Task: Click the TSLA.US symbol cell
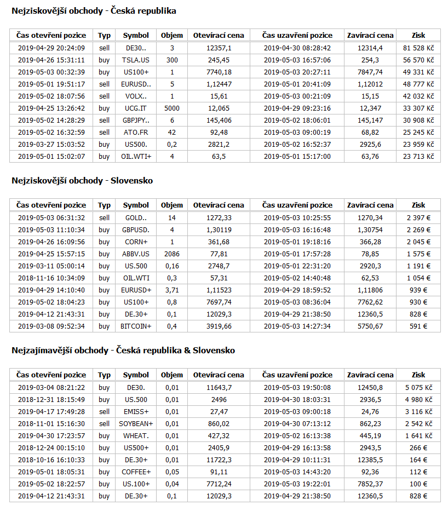pyautogui.click(x=136, y=60)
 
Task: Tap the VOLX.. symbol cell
pyautogui.click(x=136, y=96)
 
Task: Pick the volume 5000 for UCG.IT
pyautogui.click(x=172, y=108)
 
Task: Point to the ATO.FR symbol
pyautogui.click(x=136, y=133)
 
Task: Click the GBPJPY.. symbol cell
pyautogui.click(x=136, y=120)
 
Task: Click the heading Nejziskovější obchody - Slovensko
pyautogui.click(x=82, y=181)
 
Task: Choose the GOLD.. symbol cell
pyautogui.click(x=136, y=217)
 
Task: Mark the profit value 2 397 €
pyautogui.click(x=418, y=217)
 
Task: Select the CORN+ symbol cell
pyautogui.click(x=136, y=242)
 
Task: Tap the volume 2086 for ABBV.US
pyautogui.click(x=172, y=254)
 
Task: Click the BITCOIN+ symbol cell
pyautogui.click(x=136, y=326)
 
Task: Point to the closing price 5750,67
pyautogui.click(x=370, y=326)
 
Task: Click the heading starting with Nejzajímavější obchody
pyautogui.click(x=123, y=351)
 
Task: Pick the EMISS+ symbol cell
pyautogui.click(x=136, y=411)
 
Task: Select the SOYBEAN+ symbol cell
pyautogui.click(x=136, y=423)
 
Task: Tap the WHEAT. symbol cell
pyautogui.click(x=136, y=435)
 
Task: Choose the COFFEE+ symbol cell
pyautogui.click(x=136, y=472)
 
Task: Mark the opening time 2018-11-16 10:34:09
pyautogui.click(x=51, y=278)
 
